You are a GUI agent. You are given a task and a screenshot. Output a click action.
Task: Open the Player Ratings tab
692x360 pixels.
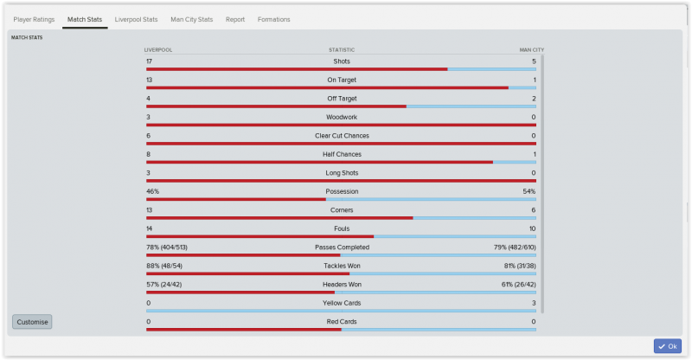(x=34, y=19)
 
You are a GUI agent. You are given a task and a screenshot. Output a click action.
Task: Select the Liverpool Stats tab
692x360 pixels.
(x=136, y=19)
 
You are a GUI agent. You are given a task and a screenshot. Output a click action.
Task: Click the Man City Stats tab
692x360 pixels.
(x=192, y=19)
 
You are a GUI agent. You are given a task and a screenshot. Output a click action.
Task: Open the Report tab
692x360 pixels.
(x=235, y=19)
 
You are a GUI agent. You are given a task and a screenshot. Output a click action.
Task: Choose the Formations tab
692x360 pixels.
(x=273, y=19)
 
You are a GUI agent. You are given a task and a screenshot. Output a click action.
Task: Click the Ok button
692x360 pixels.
(x=667, y=346)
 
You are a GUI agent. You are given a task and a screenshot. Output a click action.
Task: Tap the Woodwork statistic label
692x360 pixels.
(x=341, y=117)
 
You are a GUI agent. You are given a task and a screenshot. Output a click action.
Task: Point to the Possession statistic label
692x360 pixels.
(x=342, y=191)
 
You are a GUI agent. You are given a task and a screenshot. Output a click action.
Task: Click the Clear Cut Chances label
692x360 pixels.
(x=341, y=136)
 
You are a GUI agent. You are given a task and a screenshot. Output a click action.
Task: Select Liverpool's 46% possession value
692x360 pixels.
(x=152, y=191)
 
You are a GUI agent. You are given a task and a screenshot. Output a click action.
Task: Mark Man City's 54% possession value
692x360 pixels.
(x=529, y=191)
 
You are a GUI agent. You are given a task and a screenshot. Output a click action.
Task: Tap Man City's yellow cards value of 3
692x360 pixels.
(x=534, y=303)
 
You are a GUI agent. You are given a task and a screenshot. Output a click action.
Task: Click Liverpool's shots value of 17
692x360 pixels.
(x=150, y=61)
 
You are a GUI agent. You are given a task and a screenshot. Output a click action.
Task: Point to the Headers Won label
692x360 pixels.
(x=342, y=284)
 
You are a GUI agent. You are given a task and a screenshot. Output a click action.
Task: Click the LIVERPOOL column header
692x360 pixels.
(x=157, y=50)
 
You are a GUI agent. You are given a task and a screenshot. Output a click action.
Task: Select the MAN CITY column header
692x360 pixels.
(x=531, y=50)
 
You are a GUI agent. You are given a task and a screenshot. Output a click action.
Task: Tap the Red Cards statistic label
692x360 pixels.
(x=342, y=321)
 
